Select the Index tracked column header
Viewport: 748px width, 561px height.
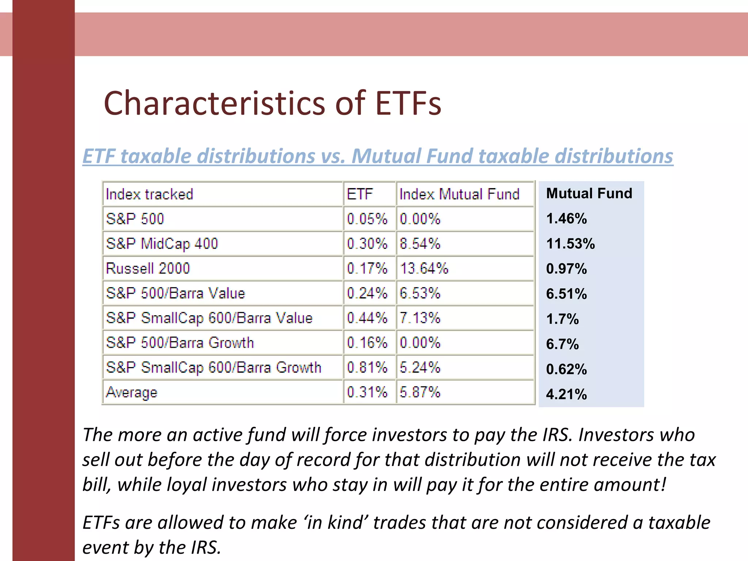[149, 194]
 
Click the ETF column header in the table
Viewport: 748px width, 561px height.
[360, 194]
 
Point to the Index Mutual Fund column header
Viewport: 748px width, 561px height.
[459, 194]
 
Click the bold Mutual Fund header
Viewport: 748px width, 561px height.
[589, 193]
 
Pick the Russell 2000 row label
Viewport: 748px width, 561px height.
[148, 268]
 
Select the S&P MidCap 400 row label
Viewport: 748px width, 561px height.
[162, 244]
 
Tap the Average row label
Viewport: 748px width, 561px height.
[131, 392]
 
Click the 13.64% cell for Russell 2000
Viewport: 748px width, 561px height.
[424, 268]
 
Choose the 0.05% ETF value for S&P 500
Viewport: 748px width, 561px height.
[367, 219]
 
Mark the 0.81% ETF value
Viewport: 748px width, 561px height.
[367, 367]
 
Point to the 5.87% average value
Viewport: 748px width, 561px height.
[420, 392]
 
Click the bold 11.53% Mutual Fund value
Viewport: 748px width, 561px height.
[570, 244]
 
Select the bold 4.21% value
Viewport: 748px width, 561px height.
[566, 394]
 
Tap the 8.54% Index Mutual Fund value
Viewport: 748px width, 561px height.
[420, 244]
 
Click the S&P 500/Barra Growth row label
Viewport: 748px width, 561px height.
[180, 343]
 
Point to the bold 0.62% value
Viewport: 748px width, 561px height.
[566, 369]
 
